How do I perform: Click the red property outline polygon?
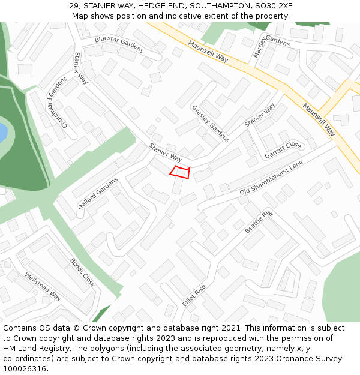[180, 172]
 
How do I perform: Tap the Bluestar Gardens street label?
[119, 44]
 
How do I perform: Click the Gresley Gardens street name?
[210, 124]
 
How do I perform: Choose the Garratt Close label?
[283, 150]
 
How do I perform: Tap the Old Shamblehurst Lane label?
[271, 178]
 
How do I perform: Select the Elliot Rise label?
[194, 295]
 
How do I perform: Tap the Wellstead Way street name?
[43, 286]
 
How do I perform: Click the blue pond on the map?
[2, 131]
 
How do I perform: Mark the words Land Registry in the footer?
[44, 349]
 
